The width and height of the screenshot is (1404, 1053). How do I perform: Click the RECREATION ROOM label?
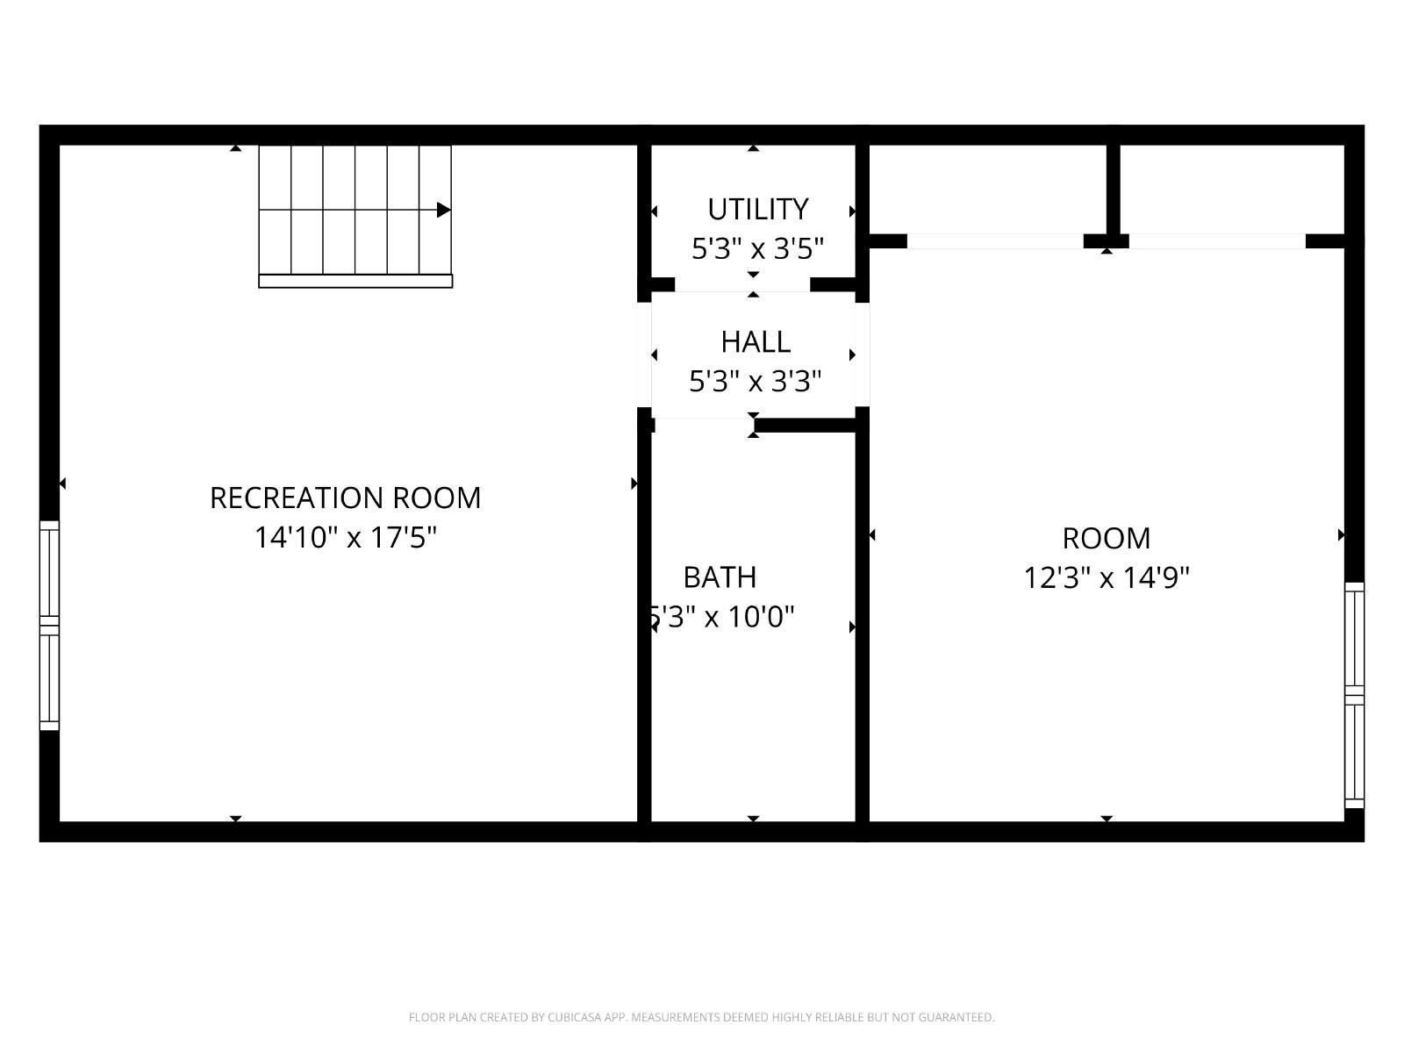346,498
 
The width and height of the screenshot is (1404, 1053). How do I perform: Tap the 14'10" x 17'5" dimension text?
346,537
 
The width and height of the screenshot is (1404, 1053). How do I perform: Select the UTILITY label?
758,209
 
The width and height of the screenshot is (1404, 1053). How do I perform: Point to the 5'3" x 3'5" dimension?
757,248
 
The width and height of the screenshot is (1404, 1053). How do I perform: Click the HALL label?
756,342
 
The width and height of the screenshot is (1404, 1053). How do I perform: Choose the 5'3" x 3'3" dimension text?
755,382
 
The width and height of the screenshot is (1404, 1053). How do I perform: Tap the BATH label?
720,577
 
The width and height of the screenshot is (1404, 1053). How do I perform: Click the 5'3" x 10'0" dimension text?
721,617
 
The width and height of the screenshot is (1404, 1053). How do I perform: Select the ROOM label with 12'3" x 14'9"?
1107,538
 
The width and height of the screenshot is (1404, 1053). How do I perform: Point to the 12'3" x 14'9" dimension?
1107,577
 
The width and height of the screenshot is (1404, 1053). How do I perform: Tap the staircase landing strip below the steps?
355,282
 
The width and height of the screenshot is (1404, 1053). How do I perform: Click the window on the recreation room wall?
49,626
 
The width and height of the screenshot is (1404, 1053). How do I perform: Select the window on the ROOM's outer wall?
1354,695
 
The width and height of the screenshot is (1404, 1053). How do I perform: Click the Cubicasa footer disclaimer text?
702,1017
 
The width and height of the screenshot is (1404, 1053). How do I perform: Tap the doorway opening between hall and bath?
704,426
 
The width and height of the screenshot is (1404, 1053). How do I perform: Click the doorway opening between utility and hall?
742,285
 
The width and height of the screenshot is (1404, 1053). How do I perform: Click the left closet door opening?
995,241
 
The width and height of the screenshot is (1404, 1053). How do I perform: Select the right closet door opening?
1217,241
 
